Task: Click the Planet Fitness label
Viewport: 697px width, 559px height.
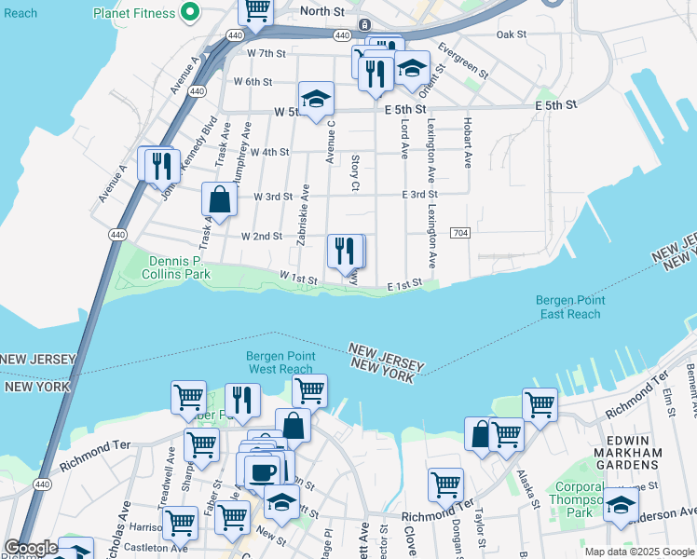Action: click(134, 13)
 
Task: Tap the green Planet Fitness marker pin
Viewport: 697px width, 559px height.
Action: click(190, 12)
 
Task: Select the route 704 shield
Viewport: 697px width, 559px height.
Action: click(459, 232)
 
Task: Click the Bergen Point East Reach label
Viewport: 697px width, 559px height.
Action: click(570, 307)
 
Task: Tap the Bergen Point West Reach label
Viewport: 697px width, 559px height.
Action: click(280, 362)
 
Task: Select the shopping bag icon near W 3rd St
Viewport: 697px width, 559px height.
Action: click(219, 198)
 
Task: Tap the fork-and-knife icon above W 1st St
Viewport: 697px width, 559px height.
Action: click(345, 250)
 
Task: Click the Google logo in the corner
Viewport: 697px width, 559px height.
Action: click(30, 548)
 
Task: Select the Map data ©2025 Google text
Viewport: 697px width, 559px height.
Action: click(638, 552)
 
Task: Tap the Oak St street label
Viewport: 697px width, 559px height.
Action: click(512, 34)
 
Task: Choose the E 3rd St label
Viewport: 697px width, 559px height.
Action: click(419, 195)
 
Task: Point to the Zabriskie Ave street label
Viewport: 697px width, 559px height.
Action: click(303, 215)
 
